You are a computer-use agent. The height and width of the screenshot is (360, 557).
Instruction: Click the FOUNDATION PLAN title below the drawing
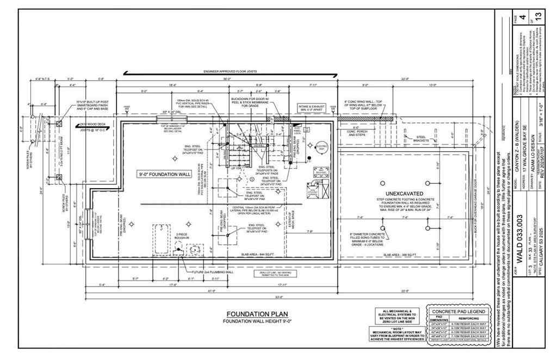(257, 314)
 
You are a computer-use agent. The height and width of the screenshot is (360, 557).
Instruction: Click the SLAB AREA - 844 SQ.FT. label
(246, 255)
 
